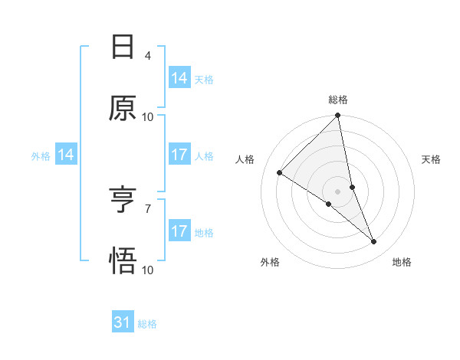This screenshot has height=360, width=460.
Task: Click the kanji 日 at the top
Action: pos(123,47)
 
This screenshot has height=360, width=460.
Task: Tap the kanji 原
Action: pos(123,108)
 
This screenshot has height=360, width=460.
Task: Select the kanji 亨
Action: pos(123,201)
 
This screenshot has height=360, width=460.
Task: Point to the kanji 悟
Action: pos(123,261)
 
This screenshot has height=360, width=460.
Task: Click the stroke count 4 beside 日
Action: pos(148,55)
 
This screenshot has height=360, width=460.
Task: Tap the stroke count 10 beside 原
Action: pos(148,116)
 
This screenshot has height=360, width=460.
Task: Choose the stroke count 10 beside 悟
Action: pos(148,270)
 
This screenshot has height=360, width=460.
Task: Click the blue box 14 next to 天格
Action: pos(179,78)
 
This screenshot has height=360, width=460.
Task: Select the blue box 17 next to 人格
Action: pos(179,155)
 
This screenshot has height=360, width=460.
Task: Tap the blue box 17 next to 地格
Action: pos(179,231)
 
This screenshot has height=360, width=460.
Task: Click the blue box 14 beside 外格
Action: pos(66,155)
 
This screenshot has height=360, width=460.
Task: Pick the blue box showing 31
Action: pos(123,322)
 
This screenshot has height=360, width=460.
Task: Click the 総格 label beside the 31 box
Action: pos(147,324)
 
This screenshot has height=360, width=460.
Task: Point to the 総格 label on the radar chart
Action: pos(338,100)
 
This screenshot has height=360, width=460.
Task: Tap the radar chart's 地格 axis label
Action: pos(402,263)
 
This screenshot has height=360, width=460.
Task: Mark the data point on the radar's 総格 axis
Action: pos(338,116)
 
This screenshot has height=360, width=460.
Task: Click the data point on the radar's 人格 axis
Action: pos(280,173)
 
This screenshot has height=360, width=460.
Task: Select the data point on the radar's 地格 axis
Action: pos(374,242)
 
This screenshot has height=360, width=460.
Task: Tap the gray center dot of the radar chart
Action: pos(338,191)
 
